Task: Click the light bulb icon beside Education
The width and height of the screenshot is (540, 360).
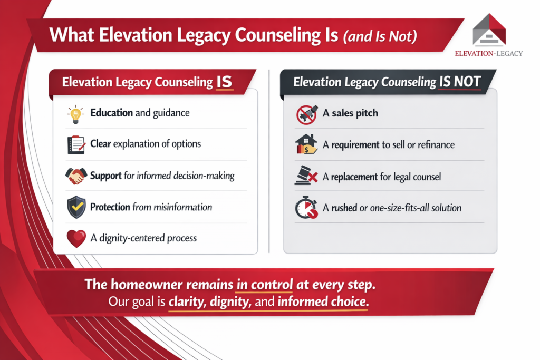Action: (75, 114)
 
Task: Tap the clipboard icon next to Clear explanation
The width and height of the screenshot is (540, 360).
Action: (76, 144)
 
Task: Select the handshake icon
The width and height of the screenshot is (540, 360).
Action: (76, 176)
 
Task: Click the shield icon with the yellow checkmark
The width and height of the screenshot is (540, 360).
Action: (76, 207)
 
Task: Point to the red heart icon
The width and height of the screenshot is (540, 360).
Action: (76, 239)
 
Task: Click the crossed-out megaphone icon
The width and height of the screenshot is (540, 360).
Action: (306, 114)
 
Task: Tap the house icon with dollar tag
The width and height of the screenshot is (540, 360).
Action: (306, 144)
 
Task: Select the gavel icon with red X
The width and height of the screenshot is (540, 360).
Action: (306, 176)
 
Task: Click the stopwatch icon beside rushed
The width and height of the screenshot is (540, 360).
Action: (306, 208)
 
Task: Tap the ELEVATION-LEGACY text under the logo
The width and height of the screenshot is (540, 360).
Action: (489, 53)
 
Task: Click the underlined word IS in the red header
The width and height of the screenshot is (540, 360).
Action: (224, 82)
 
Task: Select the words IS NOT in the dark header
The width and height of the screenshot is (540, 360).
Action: (460, 82)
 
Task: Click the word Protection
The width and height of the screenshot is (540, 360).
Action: (110, 207)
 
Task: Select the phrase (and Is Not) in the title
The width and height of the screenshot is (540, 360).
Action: (380, 36)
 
